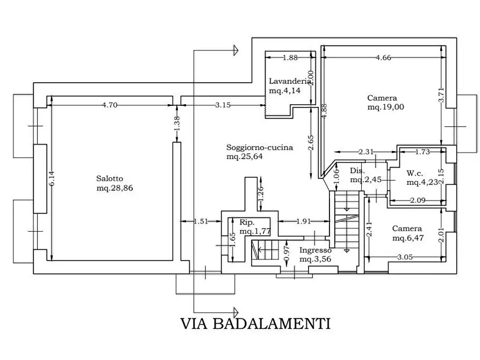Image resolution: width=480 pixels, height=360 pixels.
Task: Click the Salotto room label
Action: [110, 179]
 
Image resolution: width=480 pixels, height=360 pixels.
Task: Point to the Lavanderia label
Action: [290, 81]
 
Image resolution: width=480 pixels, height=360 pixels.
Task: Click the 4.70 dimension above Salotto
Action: [110, 105]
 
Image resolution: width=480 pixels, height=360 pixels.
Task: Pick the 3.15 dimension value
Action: [223, 105]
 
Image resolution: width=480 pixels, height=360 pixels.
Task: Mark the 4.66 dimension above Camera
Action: [383, 58]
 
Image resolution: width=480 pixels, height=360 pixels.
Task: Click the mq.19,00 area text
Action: [385, 107]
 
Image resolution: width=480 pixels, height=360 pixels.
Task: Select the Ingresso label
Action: [316, 250]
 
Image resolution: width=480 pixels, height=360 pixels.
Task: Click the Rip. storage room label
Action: [247, 222]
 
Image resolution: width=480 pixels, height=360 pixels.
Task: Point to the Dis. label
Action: [357, 171]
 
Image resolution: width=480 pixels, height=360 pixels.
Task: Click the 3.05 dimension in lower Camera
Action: [405, 257]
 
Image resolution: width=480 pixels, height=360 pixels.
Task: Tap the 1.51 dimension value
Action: [200, 220]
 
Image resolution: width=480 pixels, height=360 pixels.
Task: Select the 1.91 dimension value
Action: [304, 220]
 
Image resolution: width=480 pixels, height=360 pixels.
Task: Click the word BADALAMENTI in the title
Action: [271, 323]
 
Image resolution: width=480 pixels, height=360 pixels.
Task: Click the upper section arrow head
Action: [235, 51]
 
